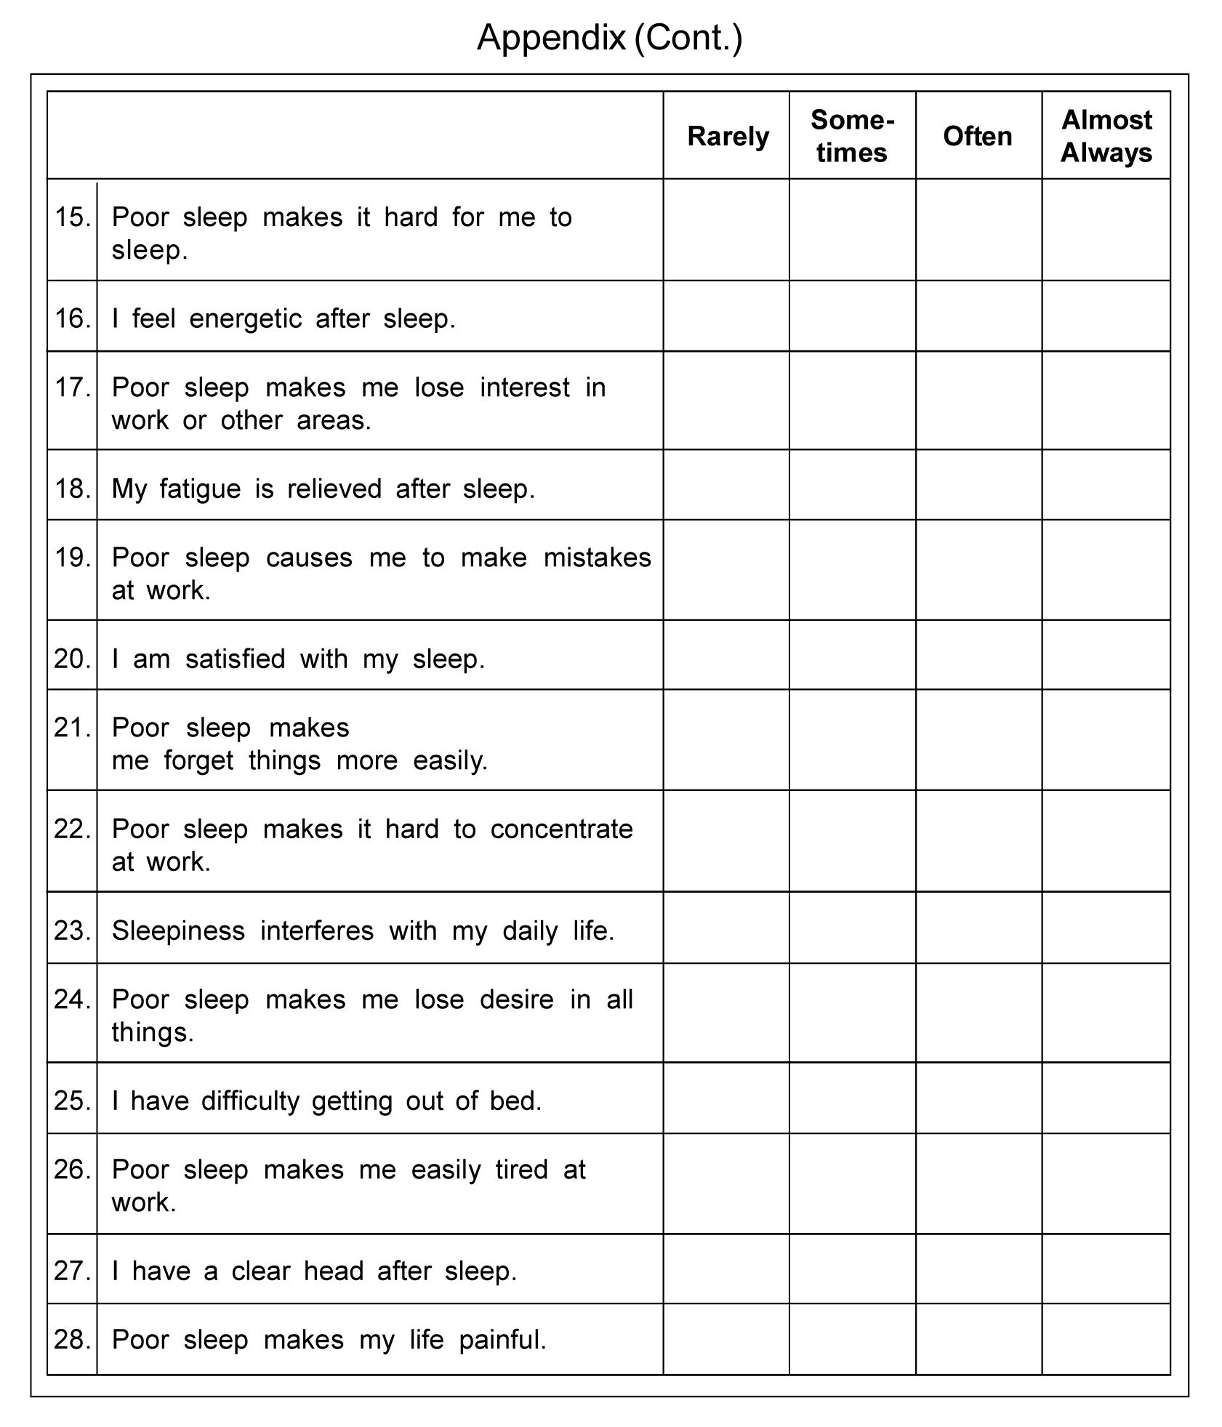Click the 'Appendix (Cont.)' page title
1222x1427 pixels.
pos(609,38)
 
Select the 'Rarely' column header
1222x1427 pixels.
pos(728,137)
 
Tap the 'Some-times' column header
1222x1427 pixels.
pos(852,137)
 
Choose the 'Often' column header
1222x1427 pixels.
pos(978,137)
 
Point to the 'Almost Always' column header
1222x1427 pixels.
pos(1106,137)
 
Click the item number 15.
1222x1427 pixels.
pos(73,217)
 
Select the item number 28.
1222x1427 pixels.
pos(73,1339)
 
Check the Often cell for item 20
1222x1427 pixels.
pos(978,655)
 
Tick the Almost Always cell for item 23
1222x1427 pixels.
pos(1106,928)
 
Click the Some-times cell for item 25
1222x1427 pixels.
pos(852,1098)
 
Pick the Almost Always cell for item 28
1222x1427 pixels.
pos(1106,1339)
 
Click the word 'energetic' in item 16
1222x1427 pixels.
pos(245,319)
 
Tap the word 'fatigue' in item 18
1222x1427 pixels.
pos(200,489)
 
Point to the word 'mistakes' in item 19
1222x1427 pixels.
pos(597,558)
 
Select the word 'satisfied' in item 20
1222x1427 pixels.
pos(235,659)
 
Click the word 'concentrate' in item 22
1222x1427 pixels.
pos(561,829)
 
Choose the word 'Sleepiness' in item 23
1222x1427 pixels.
pos(178,930)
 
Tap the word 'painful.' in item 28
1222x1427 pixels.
pos(502,1340)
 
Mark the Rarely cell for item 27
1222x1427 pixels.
pos(726,1269)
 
